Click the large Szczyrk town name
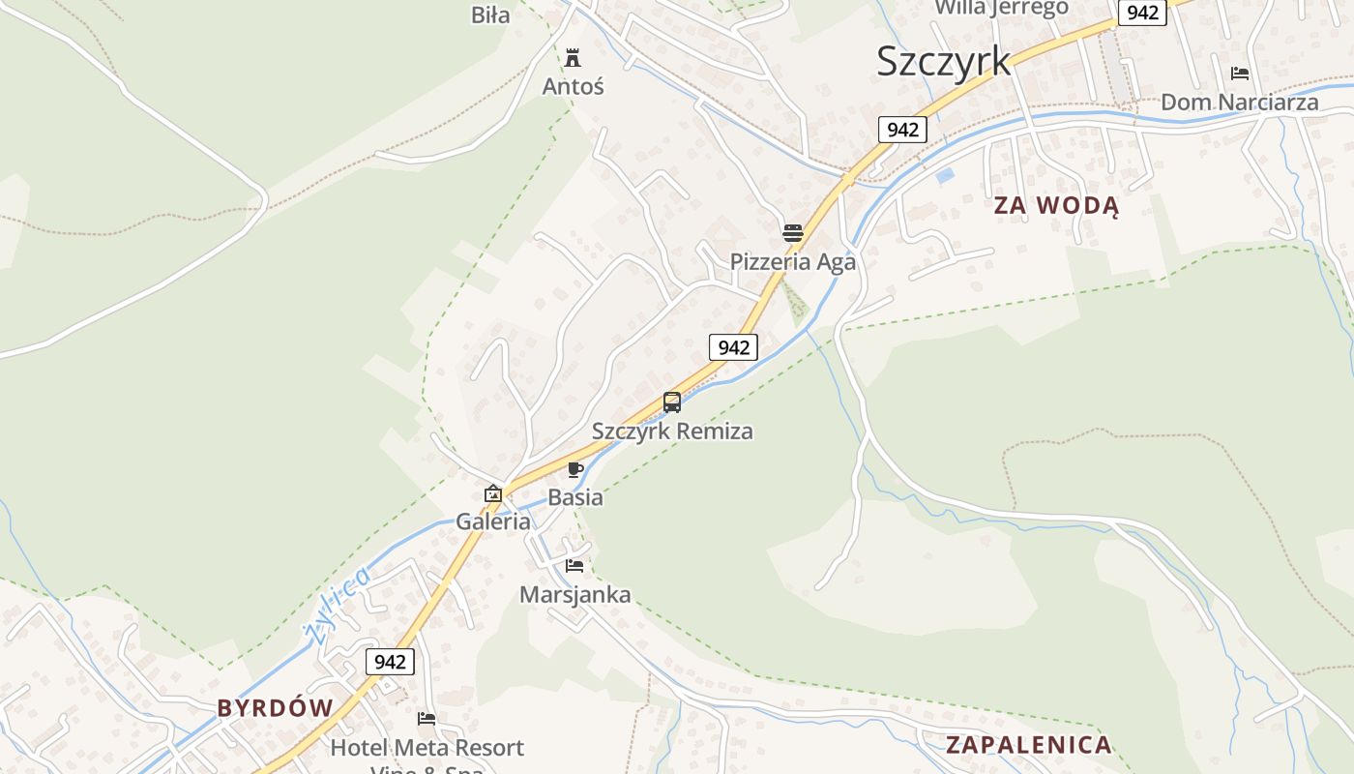coord(943,61)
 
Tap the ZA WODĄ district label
coord(1056,206)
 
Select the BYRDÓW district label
coord(275,707)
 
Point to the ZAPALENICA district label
coord(1028,745)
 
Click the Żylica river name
coord(337,605)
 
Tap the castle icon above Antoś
coord(573,57)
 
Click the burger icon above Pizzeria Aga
coord(793,233)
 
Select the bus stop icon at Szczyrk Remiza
coord(672,402)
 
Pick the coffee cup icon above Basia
coord(575,471)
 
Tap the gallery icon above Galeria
coord(493,493)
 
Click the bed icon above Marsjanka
coord(574,566)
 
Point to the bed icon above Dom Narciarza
coord(1240,74)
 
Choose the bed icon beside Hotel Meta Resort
coord(427,719)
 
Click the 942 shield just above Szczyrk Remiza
coord(733,347)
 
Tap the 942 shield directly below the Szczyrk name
coord(902,129)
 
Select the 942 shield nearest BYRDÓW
coord(390,662)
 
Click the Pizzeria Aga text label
coord(792,261)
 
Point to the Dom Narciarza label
coord(1239,102)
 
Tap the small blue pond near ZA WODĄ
coord(945,175)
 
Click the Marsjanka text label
coord(574,594)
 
